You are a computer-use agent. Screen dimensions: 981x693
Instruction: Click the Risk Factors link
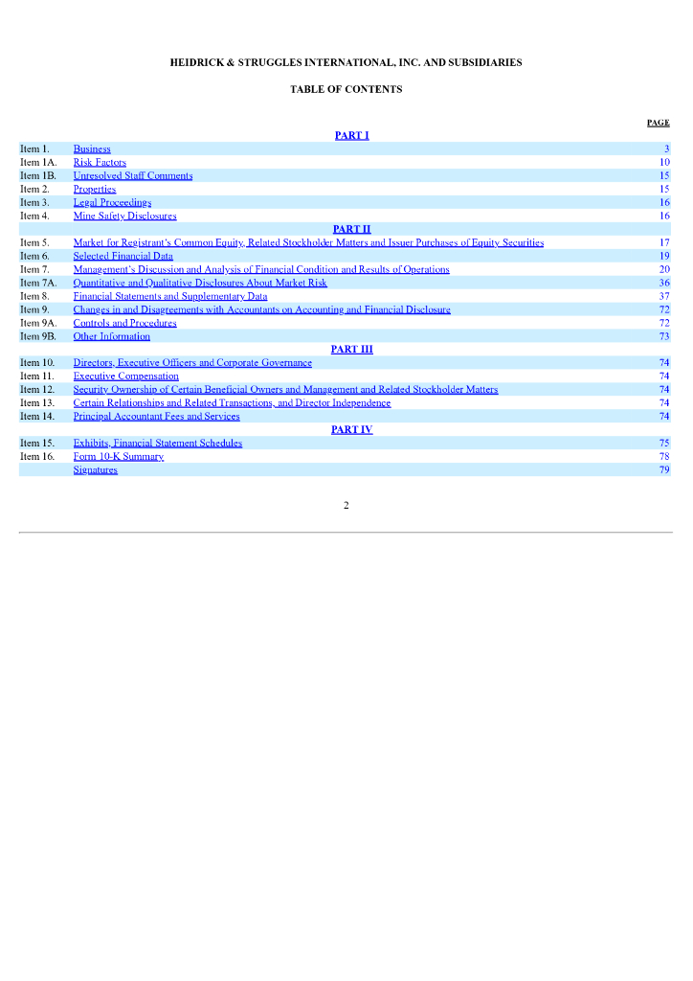click(x=100, y=163)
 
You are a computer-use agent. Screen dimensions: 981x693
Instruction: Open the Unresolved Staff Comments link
click(x=133, y=176)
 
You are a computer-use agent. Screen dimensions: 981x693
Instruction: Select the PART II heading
click(x=351, y=229)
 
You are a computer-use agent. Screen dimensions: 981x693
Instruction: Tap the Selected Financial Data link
click(x=123, y=257)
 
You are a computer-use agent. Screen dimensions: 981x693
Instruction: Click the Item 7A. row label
click(x=38, y=284)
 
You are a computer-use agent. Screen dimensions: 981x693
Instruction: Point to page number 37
click(x=664, y=297)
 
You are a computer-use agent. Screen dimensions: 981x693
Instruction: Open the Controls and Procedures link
click(x=124, y=324)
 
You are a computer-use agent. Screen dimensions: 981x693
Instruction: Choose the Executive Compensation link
click(x=125, y=376)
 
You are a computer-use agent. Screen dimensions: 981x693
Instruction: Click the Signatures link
click(x=95, y=470)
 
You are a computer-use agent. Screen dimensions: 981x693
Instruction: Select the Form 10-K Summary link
click(x=118, y=457)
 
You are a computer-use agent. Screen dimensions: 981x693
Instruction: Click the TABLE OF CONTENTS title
click(x=346, y=89)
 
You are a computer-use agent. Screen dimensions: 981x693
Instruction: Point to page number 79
click(x=664, y=470)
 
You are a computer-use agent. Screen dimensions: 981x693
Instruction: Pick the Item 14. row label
click(x=37, y=417)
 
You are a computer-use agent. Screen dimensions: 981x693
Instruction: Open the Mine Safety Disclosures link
click(x=124, y=217)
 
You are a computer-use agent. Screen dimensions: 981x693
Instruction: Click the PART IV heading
click(x=351, y=430)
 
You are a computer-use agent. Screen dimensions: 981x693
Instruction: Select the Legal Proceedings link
click(x=112, y=203)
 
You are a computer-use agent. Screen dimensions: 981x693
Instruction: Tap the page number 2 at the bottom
click(x=346, y=505)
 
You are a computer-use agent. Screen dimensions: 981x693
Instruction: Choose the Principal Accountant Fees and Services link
click(x=156, y=417)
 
